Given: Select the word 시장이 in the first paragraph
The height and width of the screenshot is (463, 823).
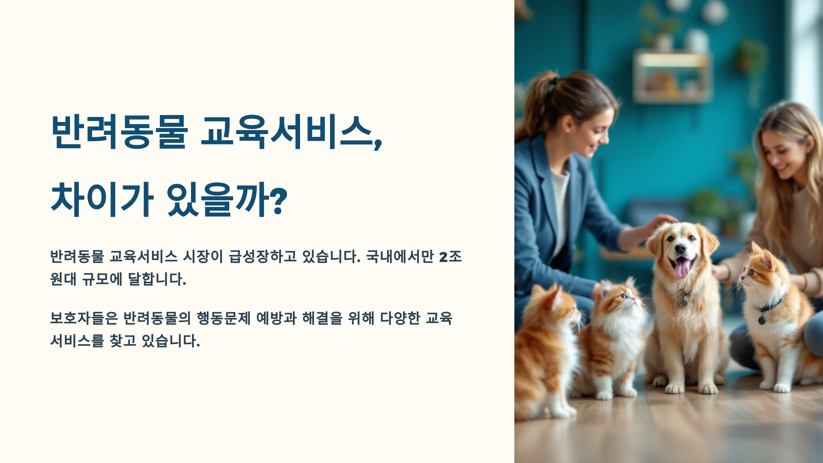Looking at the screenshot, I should pos(203,257).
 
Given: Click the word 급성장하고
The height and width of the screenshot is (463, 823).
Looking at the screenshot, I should pos(263,257).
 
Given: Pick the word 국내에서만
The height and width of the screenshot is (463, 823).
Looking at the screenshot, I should pos(400,257).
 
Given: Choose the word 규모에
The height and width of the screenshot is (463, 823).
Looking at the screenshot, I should pos(102,279).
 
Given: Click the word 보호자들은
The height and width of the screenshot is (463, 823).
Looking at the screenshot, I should pos(84,318).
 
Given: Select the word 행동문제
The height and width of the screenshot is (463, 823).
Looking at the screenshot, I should pos(224,318).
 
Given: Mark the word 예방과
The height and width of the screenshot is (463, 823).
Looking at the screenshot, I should pos(276,318).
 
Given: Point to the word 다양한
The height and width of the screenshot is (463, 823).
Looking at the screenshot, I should pos(400,318).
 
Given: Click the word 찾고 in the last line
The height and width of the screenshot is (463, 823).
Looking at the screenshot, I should pos(123,341).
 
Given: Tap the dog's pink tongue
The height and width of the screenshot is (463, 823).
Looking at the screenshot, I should pos(682,268).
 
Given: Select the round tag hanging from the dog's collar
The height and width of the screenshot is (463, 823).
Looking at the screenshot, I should pos(683,302).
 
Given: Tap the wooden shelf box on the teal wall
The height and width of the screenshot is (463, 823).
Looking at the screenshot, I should pos(671,77).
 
